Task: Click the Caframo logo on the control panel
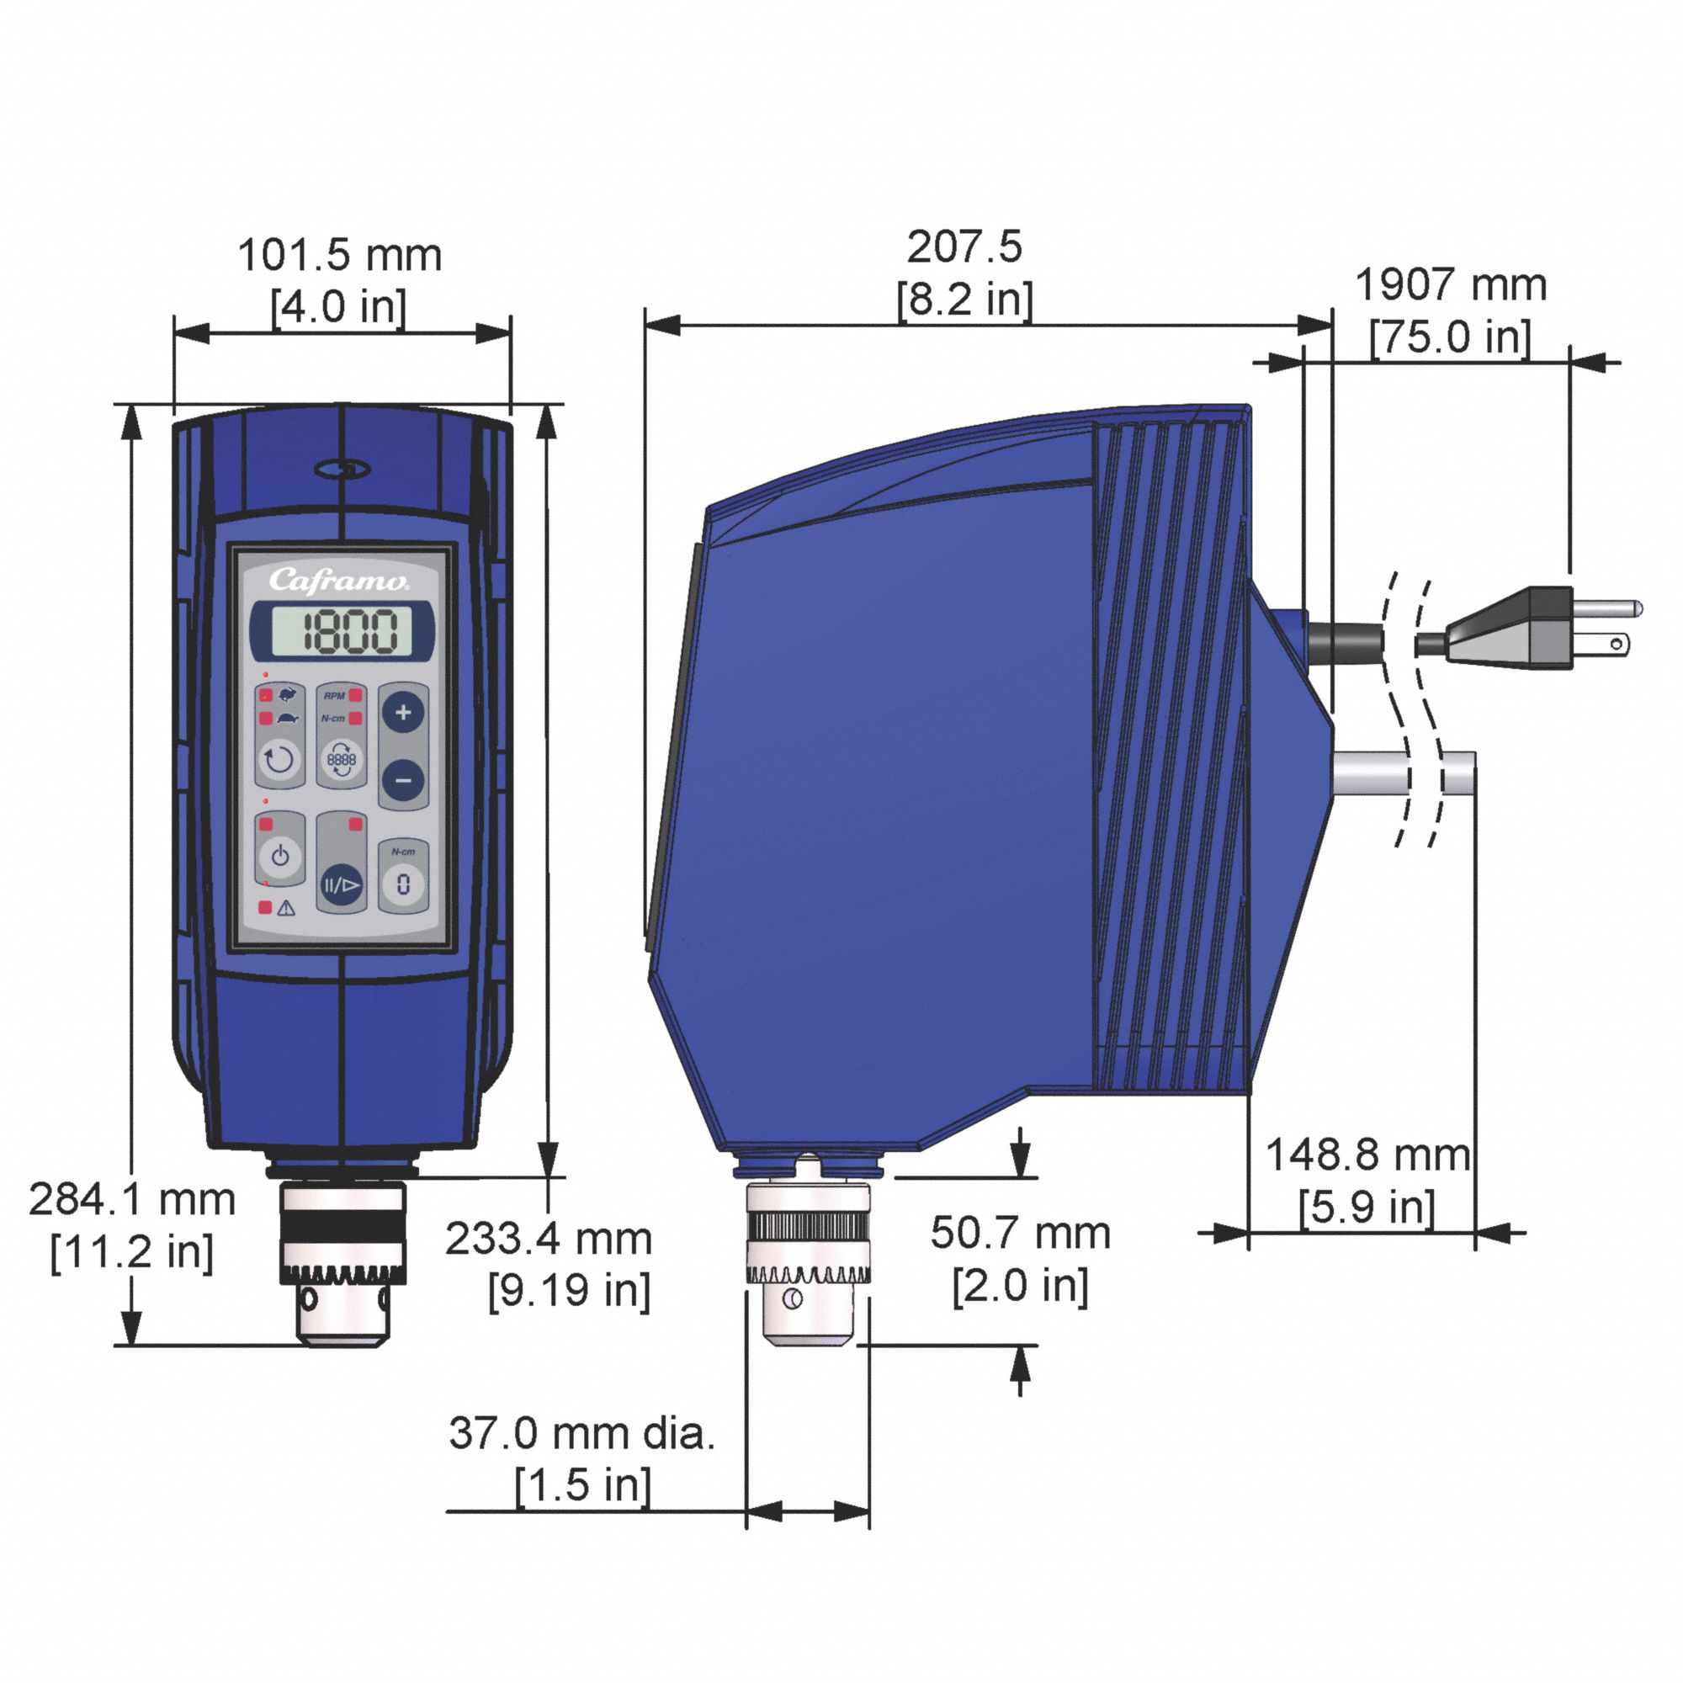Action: (338, 580)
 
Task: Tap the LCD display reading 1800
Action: (342, 630)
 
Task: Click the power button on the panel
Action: (279, 857)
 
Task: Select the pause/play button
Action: (342, 886)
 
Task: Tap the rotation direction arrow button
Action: (279, 761)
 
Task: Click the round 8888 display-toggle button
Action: (342, 761)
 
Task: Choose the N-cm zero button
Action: (402, 885)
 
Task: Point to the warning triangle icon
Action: (286, 908)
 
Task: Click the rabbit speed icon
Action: (287, 694)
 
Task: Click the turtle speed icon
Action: (288, 719)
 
